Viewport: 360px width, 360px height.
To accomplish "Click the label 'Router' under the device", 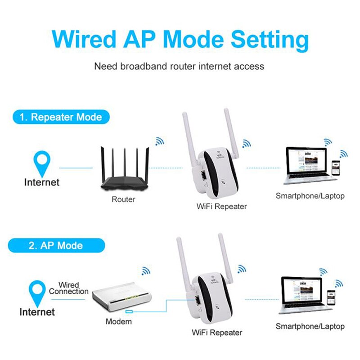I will coord(123,199).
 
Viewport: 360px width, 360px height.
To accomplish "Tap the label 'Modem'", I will coord(118,321).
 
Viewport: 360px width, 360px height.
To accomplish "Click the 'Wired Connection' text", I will coord(68,288).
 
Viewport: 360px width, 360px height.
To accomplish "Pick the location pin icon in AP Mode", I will coord(37,292).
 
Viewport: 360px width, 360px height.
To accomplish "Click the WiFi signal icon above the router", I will coord(160,141).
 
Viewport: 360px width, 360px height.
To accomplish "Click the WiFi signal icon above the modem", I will coord(146,271).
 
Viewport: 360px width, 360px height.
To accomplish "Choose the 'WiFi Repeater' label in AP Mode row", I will coord(217,333).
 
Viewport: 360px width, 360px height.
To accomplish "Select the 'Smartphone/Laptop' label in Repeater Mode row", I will coord(310,196).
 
